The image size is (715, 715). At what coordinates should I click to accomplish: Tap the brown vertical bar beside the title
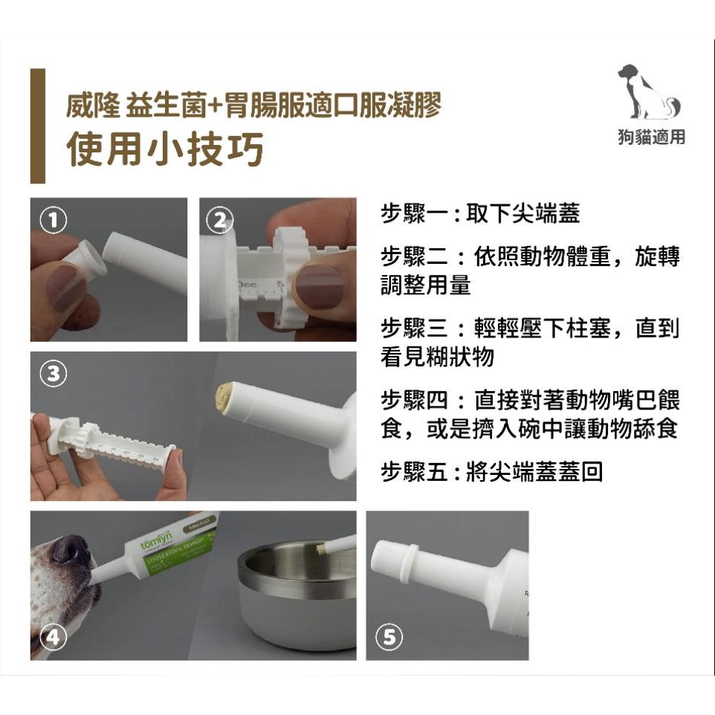[37, 126]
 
